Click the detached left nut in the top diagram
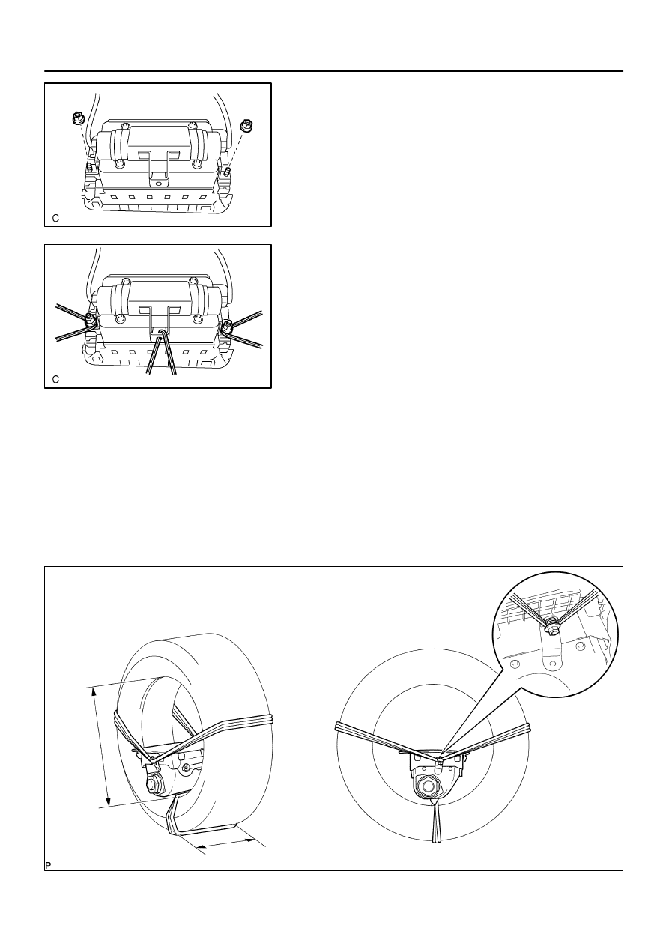click(x=76, y=118)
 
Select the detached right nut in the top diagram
click(x=245, y=125)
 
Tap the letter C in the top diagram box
click(x=55, y=219)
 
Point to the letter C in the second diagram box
click(x=55, y=380)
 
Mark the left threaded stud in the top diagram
click(x=90, y=166)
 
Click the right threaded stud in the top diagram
click(x=228, y=172)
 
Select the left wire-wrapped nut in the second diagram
click(x=90, y=320)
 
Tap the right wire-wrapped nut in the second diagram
click(x=227, y=326)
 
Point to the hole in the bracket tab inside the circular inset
click(x=549, y=666)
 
